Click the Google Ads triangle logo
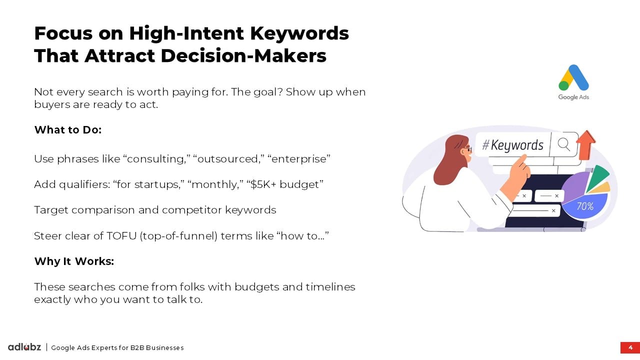(573, 77)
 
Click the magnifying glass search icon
(563, 144)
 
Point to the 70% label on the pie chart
(585, 206)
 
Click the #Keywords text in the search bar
(512, 145)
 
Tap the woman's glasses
(467, 148)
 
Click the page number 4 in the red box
(630, 347)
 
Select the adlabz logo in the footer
(24, 347)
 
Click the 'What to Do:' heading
(68, 129)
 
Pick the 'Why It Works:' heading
(74, 261)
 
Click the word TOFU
(121, 236)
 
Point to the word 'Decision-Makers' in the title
(243, 55)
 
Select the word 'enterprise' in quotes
(299, 159)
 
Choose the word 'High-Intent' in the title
(186, 33)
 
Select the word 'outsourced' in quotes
(228, 159)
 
